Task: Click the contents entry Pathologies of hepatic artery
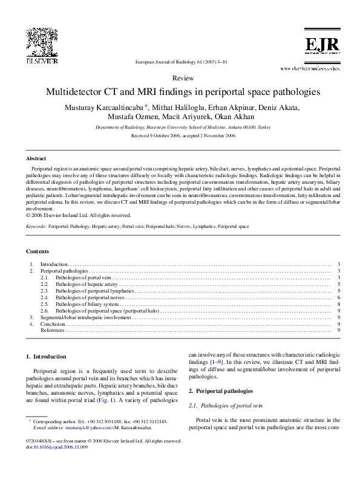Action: pyautogui.click(x=87, y=284)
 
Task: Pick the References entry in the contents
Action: pyautogui.click(x=53, y=331)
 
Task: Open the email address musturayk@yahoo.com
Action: pyautogui.click(x=74, y=427)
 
